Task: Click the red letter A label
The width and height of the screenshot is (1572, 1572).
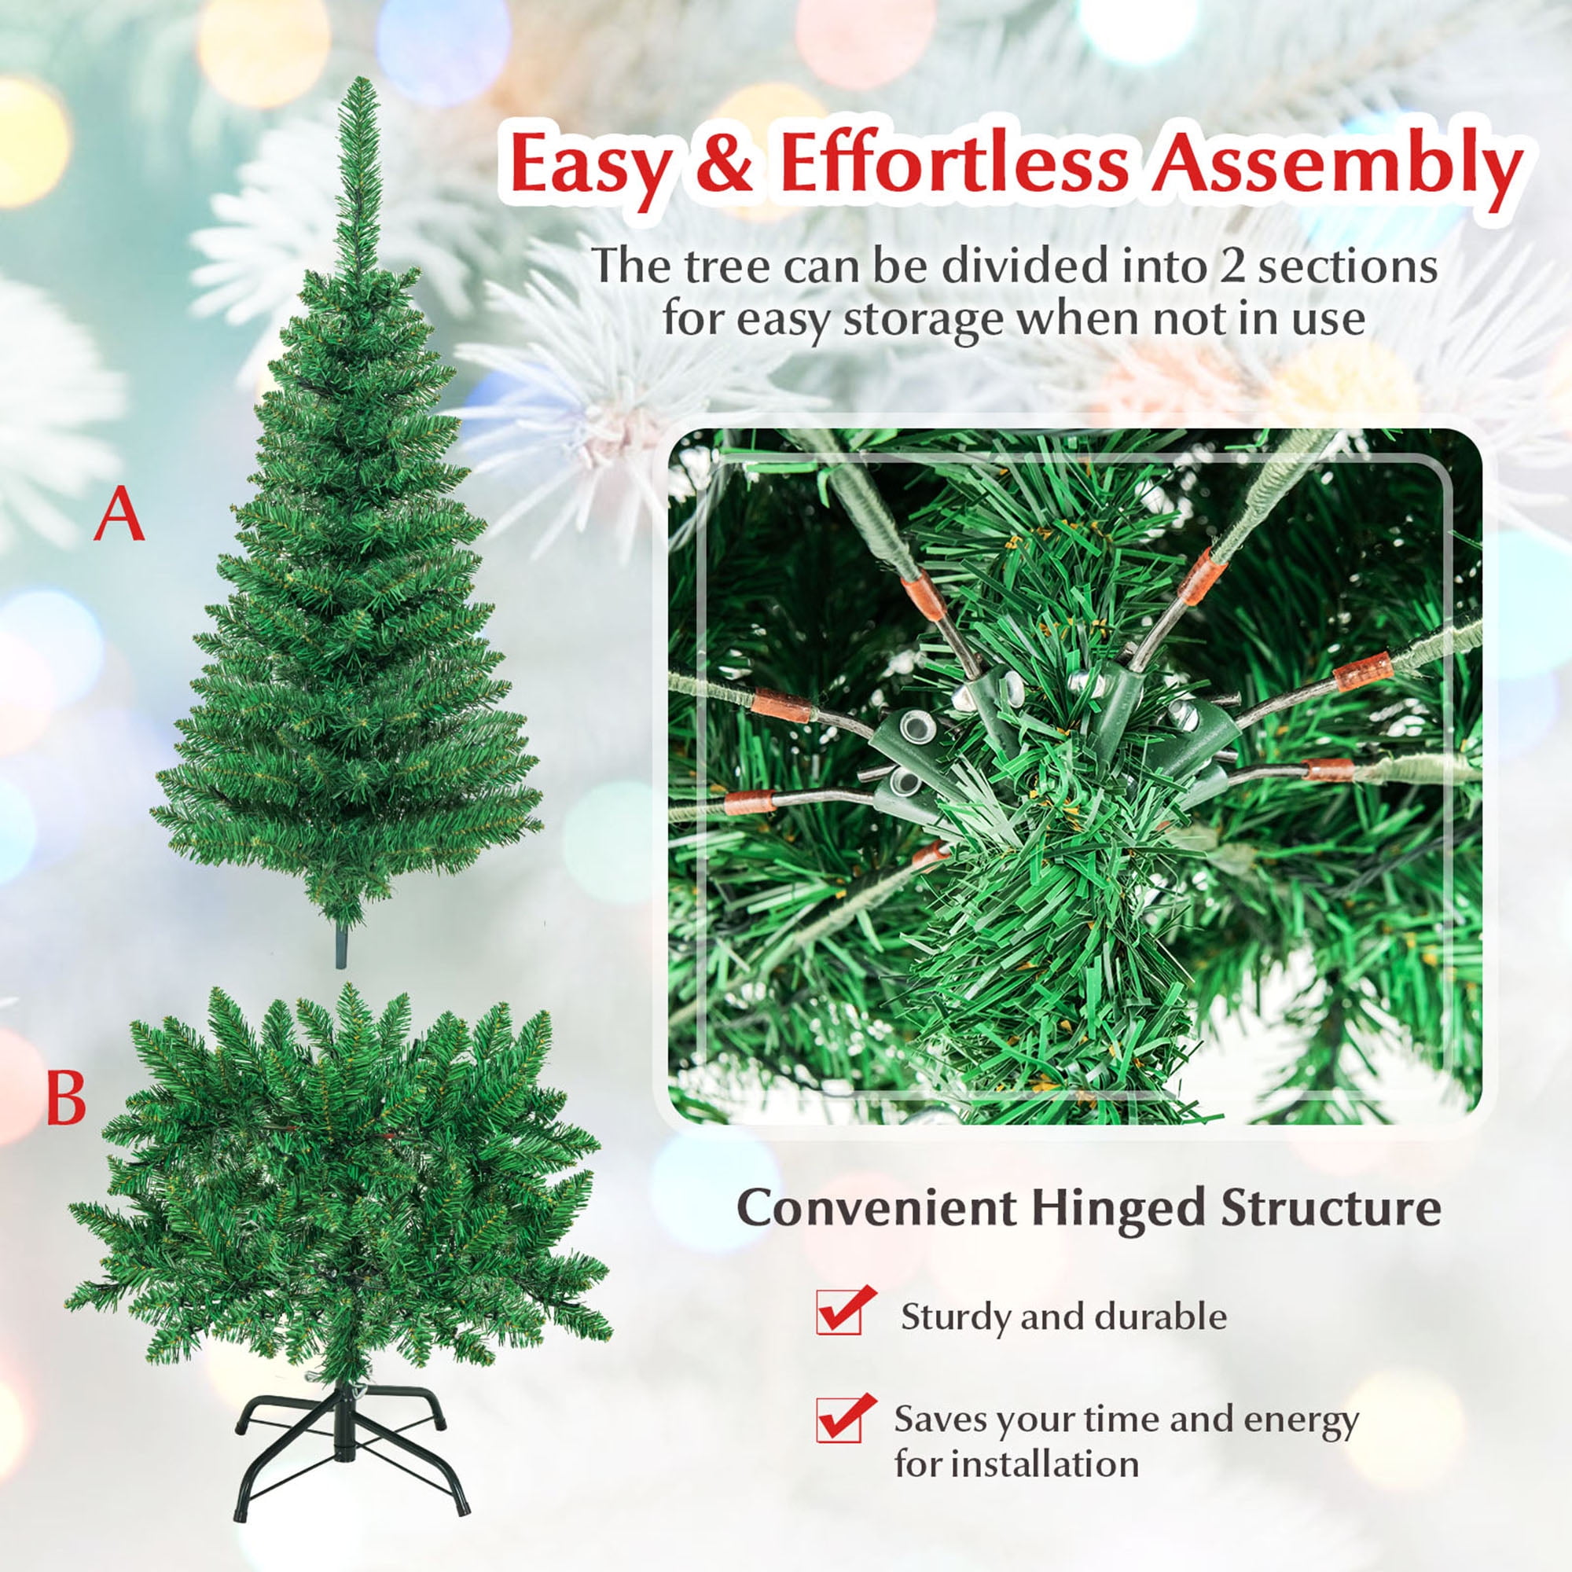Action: click(119, 516)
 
